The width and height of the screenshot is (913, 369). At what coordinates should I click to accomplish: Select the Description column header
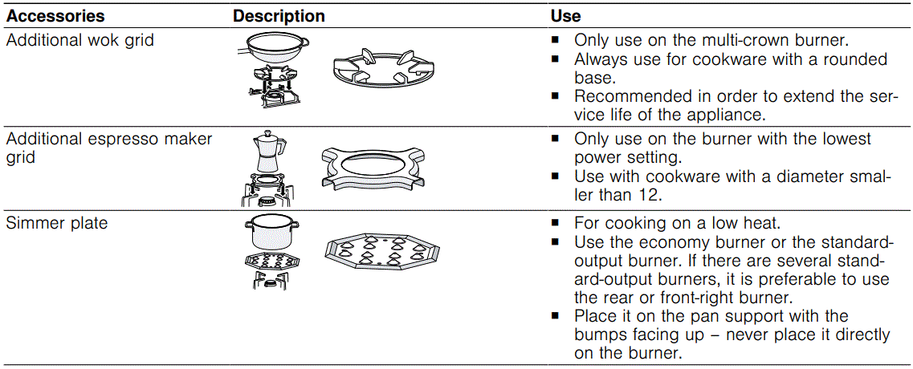click(279, 16)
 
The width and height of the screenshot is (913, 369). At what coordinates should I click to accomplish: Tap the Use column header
click(565, 16)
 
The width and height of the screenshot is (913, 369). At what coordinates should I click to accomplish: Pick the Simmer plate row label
click(56, 223)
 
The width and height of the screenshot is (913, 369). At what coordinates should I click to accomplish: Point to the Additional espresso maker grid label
click(109, 148)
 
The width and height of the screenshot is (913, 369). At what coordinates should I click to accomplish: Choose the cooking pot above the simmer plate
click(271, 233)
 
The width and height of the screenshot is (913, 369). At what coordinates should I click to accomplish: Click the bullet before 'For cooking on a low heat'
click(555, 223)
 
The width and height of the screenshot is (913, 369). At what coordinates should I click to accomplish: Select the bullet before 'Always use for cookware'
click(555, 59)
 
